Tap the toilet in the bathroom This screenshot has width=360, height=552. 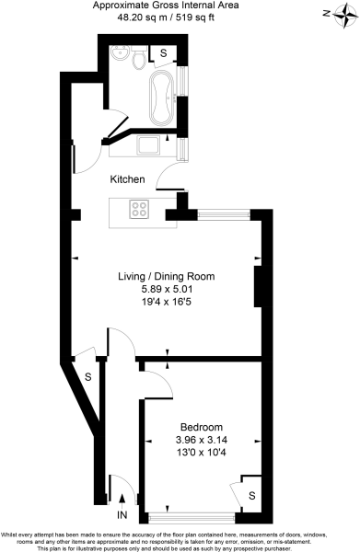136,62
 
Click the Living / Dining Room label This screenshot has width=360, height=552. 166,275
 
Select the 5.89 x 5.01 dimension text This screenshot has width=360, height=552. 166,288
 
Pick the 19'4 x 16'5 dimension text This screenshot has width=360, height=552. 166,301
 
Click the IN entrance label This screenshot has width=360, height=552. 122,515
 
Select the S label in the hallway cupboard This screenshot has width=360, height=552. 87,376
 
